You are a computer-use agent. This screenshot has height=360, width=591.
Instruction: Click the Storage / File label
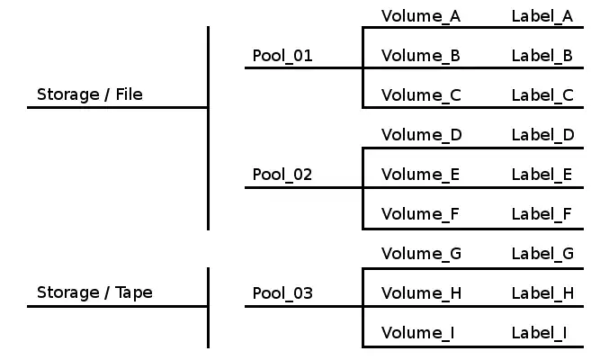tap(89, 94)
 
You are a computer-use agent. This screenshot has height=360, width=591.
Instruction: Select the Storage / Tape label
tap(94, 292)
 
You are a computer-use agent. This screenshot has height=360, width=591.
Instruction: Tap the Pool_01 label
tap(282, 56)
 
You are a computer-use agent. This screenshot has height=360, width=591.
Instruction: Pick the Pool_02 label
tap(282, 175)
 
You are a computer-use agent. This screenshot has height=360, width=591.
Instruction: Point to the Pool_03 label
tap(282, 293)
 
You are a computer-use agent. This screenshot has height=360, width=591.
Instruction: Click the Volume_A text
tap(421, 16)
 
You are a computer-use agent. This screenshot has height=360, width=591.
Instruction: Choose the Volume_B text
tap(421, 56)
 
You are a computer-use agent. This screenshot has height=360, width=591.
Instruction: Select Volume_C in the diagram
tap(421, 95)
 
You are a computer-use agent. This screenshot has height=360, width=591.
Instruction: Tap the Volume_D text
tap(422, 135)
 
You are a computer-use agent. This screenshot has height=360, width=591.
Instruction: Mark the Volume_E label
tap(420, 175)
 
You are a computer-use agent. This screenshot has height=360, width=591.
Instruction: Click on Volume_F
tap(420, 214)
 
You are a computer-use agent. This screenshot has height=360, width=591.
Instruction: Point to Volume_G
tap(422, 254)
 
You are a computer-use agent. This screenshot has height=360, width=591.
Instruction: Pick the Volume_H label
tap(422, 293)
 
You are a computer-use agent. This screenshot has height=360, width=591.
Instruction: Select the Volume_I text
tap(417, 333)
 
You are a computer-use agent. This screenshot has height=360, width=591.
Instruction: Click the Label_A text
tap(542, 16)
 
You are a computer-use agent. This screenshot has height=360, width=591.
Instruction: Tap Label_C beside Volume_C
tap(542, 95)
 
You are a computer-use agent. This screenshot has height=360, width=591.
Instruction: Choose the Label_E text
tap(542, 175)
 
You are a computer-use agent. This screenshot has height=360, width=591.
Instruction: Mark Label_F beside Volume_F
tap(542, 214)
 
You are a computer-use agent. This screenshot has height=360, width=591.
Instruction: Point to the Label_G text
tap(542, 254)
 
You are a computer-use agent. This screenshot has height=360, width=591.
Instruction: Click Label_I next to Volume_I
tap(539, 333)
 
